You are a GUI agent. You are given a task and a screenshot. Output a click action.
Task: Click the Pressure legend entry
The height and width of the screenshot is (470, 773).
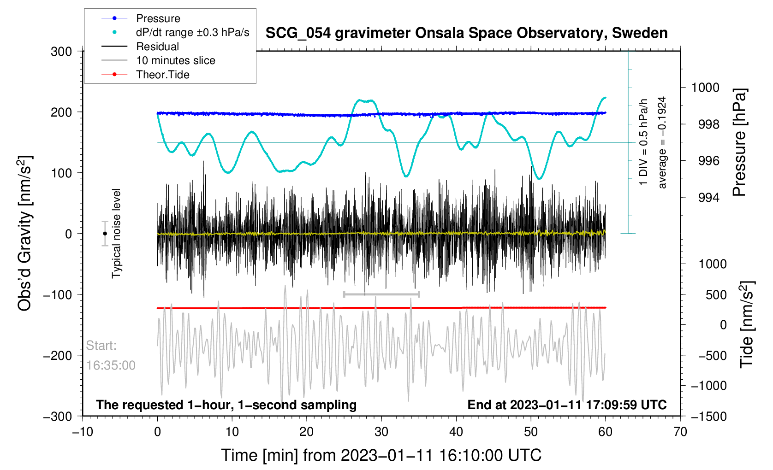point(158,18)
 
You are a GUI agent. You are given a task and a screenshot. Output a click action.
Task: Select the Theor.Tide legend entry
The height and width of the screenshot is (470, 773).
point(162,75)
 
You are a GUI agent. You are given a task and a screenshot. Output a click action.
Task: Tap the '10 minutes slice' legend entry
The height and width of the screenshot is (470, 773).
point(175,60)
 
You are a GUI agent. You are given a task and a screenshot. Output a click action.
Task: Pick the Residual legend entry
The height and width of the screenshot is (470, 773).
point(157,47)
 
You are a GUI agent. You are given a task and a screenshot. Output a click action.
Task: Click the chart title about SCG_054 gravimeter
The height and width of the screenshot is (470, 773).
point(466,33)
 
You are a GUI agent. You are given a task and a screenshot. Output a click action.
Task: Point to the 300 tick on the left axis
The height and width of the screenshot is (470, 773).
point(61,52)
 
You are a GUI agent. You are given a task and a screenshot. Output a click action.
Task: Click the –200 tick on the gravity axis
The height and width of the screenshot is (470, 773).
point(58,356)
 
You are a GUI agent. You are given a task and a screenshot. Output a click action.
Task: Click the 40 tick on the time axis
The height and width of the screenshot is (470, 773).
point(456,432)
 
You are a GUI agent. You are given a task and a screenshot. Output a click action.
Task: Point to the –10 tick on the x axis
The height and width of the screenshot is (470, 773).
point(83,432)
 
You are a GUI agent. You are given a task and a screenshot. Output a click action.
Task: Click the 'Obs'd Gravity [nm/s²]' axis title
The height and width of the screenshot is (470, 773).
point(25,234)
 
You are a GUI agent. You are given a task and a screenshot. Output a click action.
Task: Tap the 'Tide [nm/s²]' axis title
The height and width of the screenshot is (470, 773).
point(747,324)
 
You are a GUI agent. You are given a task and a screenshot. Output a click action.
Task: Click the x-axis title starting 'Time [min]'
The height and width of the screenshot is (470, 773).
point(381,455)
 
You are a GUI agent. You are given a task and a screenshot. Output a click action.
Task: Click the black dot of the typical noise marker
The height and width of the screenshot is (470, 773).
point(105,234)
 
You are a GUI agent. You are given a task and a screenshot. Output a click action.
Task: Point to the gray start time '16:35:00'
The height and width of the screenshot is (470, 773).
point(111,365)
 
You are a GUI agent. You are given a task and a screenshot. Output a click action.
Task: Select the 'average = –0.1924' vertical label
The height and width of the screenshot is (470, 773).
point(662,142)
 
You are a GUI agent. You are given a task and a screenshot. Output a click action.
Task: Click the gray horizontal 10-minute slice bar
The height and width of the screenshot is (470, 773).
point(381,294)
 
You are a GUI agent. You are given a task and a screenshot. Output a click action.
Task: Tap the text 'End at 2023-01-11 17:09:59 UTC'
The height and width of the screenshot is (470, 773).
point(567,405)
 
